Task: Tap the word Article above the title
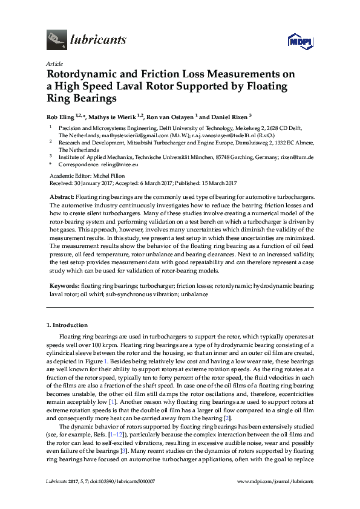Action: tap(54, 63)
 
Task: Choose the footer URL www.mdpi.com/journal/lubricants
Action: tap(276, 481)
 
